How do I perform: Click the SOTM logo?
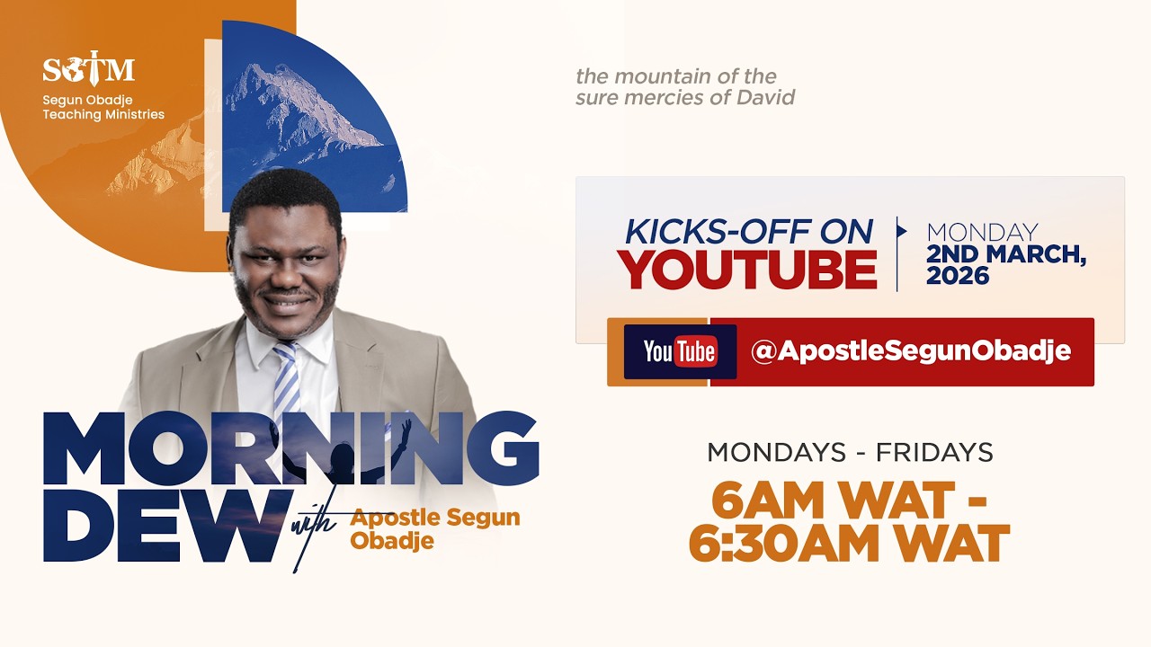pyautogui.click(x=88, y=68)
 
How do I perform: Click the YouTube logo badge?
pyautogui.click(x=680, y=352)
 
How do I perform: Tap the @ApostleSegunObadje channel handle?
pyautogui.click(x=911, y=351)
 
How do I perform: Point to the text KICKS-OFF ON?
pyautogui.click(x=749, y=232)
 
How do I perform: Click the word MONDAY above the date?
pyautogui.click(x=982, y=233)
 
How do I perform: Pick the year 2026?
pyautogui.click(x=958, y=277)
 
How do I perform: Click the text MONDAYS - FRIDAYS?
pyautogui.click(x=850, y=452)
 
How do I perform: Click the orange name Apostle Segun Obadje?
pyautogui.click(x=435, y=528)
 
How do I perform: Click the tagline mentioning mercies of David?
pyautogui.click(x=685, y=87)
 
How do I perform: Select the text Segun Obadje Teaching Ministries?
pyautogui.click(x=103, y=108)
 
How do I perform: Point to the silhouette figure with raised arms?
pyautogui.click(x=346, y=458)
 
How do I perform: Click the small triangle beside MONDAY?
pyautogui.click(x=901, y=232)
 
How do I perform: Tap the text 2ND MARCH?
pyautogui.click(x=1006, y=255)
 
